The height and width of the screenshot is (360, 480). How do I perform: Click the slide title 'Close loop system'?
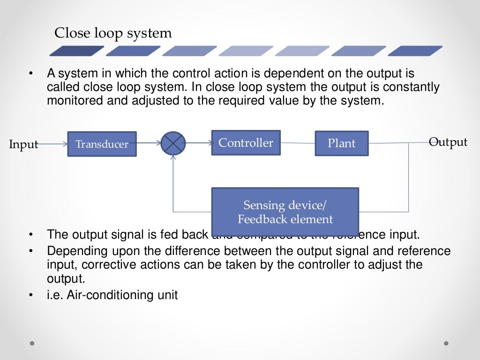click(113, 33)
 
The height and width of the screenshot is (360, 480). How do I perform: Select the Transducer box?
click(102, 144)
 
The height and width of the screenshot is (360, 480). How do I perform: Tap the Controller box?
click(246, 142)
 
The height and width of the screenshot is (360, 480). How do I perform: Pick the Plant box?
click(341, 143)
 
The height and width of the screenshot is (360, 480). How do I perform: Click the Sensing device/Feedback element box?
click(285, 212)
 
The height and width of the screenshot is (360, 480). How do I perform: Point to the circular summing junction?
click(173, 143)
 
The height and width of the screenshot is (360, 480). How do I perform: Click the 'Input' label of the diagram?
click(23, 144)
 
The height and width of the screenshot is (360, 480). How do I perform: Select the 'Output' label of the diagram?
click(448, 142)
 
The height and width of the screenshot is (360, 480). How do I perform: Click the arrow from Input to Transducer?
click(52, 144)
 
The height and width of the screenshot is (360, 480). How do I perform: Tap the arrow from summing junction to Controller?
click(199, 143)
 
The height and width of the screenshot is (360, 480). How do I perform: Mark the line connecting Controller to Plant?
click(298, 143)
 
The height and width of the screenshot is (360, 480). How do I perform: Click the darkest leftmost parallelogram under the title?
click(77, 51)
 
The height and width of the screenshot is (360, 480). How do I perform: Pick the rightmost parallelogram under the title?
click(415, 51)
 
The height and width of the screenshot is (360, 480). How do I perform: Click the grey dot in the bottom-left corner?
click(32, 344)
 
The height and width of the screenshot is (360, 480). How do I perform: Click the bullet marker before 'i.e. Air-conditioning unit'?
click(30, 296)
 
